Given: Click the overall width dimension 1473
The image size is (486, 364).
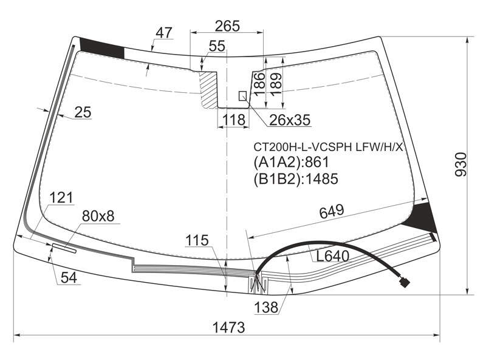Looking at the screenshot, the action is (229, 327).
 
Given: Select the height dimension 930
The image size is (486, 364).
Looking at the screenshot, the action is (460, 164).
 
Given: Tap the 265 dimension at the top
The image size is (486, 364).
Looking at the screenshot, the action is (227, 26).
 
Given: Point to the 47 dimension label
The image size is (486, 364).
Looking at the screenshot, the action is (163, 33).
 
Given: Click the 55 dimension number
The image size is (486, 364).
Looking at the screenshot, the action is (217, 46).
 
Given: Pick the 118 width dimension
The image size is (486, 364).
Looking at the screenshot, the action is (233, 120).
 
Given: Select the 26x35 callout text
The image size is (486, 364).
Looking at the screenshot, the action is (290, 120).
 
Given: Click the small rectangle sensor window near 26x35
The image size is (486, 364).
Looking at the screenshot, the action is (242, 96).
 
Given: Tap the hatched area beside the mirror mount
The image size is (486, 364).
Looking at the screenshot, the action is (208, 89).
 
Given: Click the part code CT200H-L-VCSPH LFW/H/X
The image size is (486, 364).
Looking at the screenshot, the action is (328, 147).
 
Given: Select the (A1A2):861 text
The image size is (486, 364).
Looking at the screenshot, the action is (291, 162).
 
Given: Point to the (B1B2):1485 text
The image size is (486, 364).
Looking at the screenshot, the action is (296, 178).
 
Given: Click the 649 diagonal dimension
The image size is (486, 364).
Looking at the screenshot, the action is (332, 211).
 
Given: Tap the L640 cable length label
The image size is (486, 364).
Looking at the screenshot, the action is (332, 256).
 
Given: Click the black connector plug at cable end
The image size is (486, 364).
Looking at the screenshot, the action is (405, 282).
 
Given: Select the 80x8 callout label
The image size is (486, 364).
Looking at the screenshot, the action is (98, 216).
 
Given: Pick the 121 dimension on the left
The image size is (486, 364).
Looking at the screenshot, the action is (61, 198).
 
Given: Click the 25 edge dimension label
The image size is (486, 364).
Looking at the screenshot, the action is (83, 112).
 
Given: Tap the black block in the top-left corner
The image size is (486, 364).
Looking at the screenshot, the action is (102, 48).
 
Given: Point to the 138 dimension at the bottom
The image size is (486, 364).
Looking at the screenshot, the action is (266, 308).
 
